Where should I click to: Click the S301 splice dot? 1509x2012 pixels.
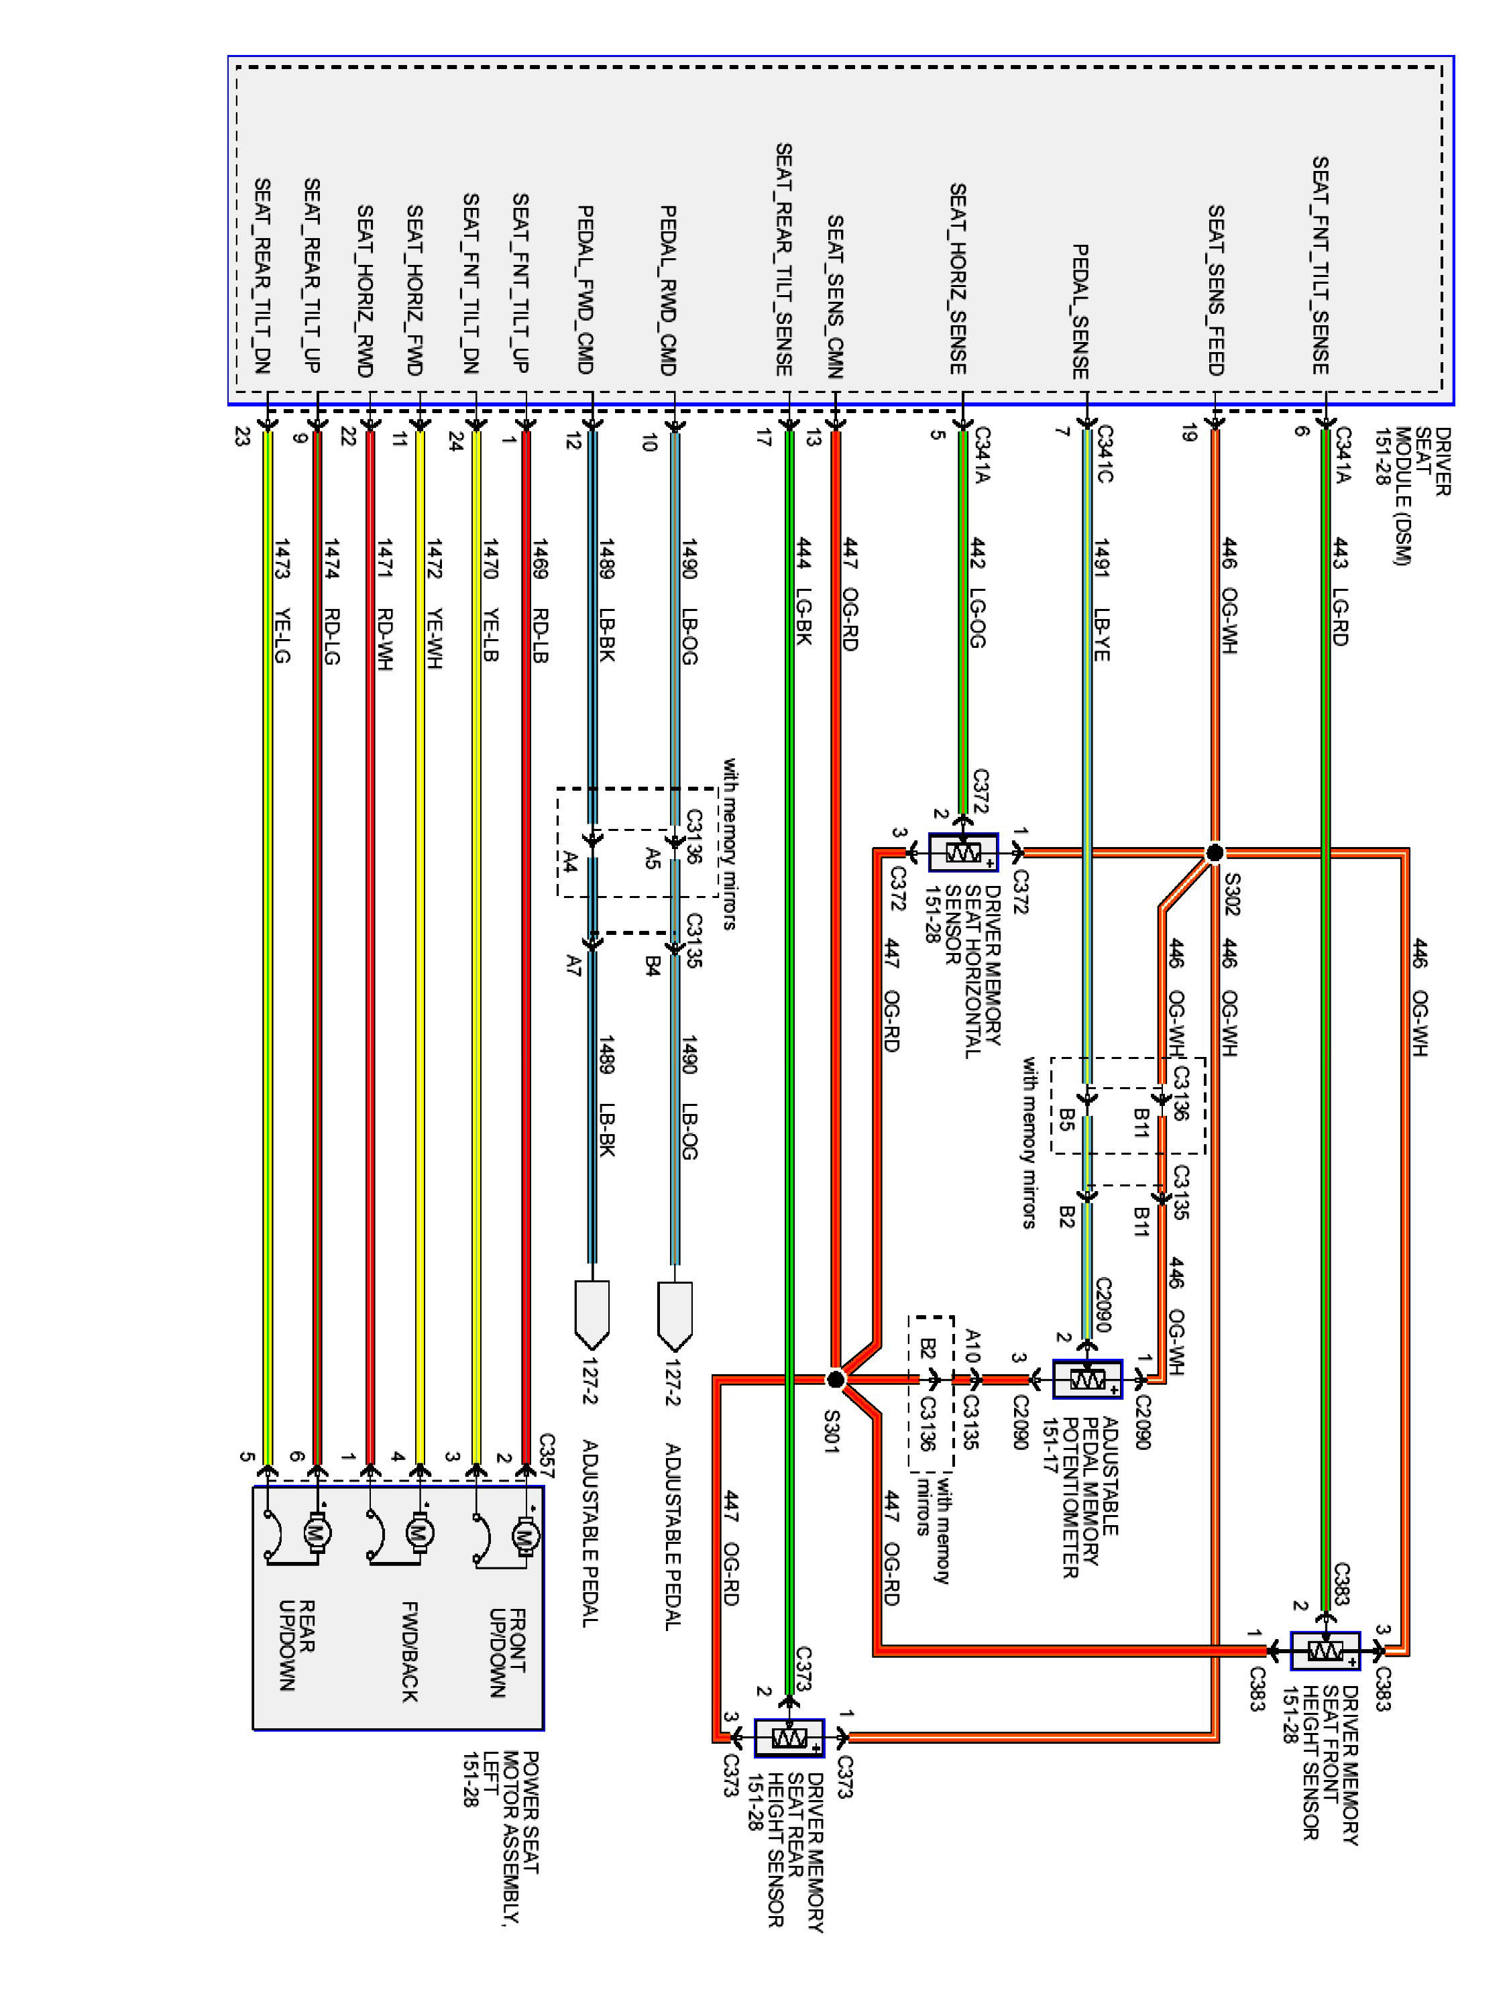(x=835, y=1379)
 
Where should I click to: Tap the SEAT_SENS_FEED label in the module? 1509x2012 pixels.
(x=1215, y=289)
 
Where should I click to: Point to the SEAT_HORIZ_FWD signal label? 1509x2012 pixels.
(x=414, y=289)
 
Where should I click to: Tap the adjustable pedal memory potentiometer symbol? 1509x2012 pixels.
(x=1087, y=1379)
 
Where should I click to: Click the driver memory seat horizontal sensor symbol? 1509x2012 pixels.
(x=962, y=852)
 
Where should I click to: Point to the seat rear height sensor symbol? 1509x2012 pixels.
(x=789, y=1738)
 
